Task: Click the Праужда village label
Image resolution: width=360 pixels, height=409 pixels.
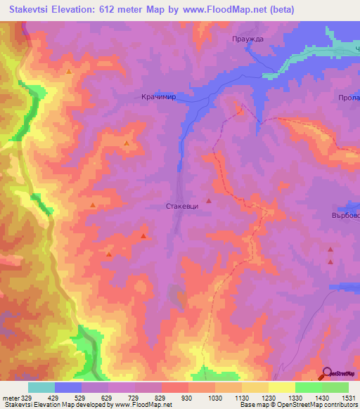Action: [x=247, y=39]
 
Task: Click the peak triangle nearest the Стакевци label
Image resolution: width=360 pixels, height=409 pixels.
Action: [x=208, y=202]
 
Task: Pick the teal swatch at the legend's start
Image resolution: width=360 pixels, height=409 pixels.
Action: [x=41, y=387]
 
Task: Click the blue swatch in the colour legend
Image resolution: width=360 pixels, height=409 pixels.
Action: [x=68, y=387]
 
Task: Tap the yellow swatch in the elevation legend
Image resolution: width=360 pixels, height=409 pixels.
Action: [x=281, y=387]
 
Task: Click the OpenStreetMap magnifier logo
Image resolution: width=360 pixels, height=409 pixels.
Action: [x=328, y=373]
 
